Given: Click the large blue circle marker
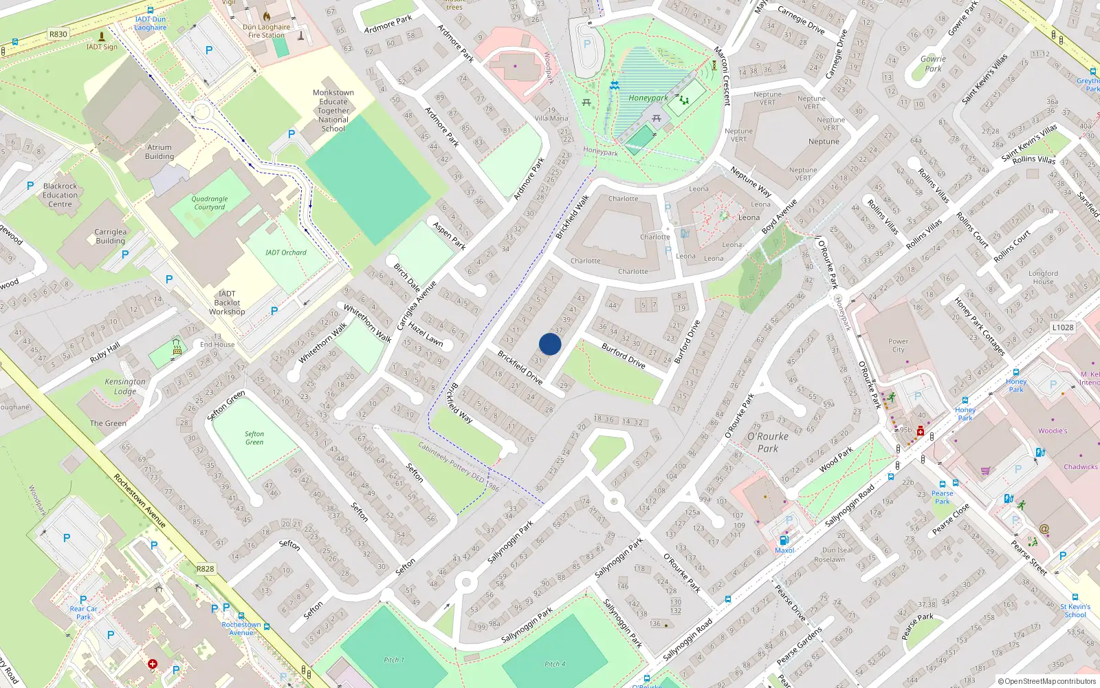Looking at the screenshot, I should (550, 344).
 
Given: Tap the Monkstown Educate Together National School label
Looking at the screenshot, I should (333, 111).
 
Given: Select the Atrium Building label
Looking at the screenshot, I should (159, 151).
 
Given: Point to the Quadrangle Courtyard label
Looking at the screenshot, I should (210, 203).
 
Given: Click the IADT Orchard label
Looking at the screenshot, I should (286, 252).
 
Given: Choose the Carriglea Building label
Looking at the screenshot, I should (111, 236).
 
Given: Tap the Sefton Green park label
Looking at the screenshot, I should (254, 438).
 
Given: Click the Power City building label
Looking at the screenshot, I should (898, 345).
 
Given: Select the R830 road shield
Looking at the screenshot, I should (58, 34).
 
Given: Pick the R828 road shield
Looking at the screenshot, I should (205, 569).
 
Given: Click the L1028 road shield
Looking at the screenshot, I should (1062, 327).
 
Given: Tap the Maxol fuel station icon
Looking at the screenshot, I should (784, 541).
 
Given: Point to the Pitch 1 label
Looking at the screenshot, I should (393, 660).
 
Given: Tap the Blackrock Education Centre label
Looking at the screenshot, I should (60, 195).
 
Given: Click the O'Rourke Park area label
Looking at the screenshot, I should (768, 442).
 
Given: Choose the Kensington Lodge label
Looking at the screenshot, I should (125, 386).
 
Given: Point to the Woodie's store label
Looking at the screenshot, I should (1053, 431).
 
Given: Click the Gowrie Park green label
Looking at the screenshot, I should (933, 63).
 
